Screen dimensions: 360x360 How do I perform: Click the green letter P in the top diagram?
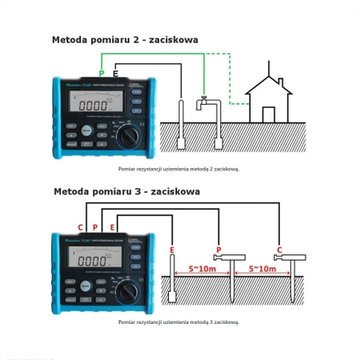pos(102,74)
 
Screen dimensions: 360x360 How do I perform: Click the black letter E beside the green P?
pos(116,74)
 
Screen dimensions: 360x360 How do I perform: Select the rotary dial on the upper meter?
pos(127,137)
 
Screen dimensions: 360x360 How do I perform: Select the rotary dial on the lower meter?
pos(127,294)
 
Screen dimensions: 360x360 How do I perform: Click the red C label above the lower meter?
pos(80,228)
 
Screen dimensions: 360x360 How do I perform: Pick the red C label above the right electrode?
pos(279,250)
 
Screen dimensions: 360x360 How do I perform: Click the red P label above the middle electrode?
pos(219,250)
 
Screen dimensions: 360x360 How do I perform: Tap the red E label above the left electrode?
pos(172,250)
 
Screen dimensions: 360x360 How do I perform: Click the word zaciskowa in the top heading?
pos(173,39)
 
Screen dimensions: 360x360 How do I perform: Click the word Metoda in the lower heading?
pos(72,192)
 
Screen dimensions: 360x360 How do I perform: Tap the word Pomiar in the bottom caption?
pos(129,322)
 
